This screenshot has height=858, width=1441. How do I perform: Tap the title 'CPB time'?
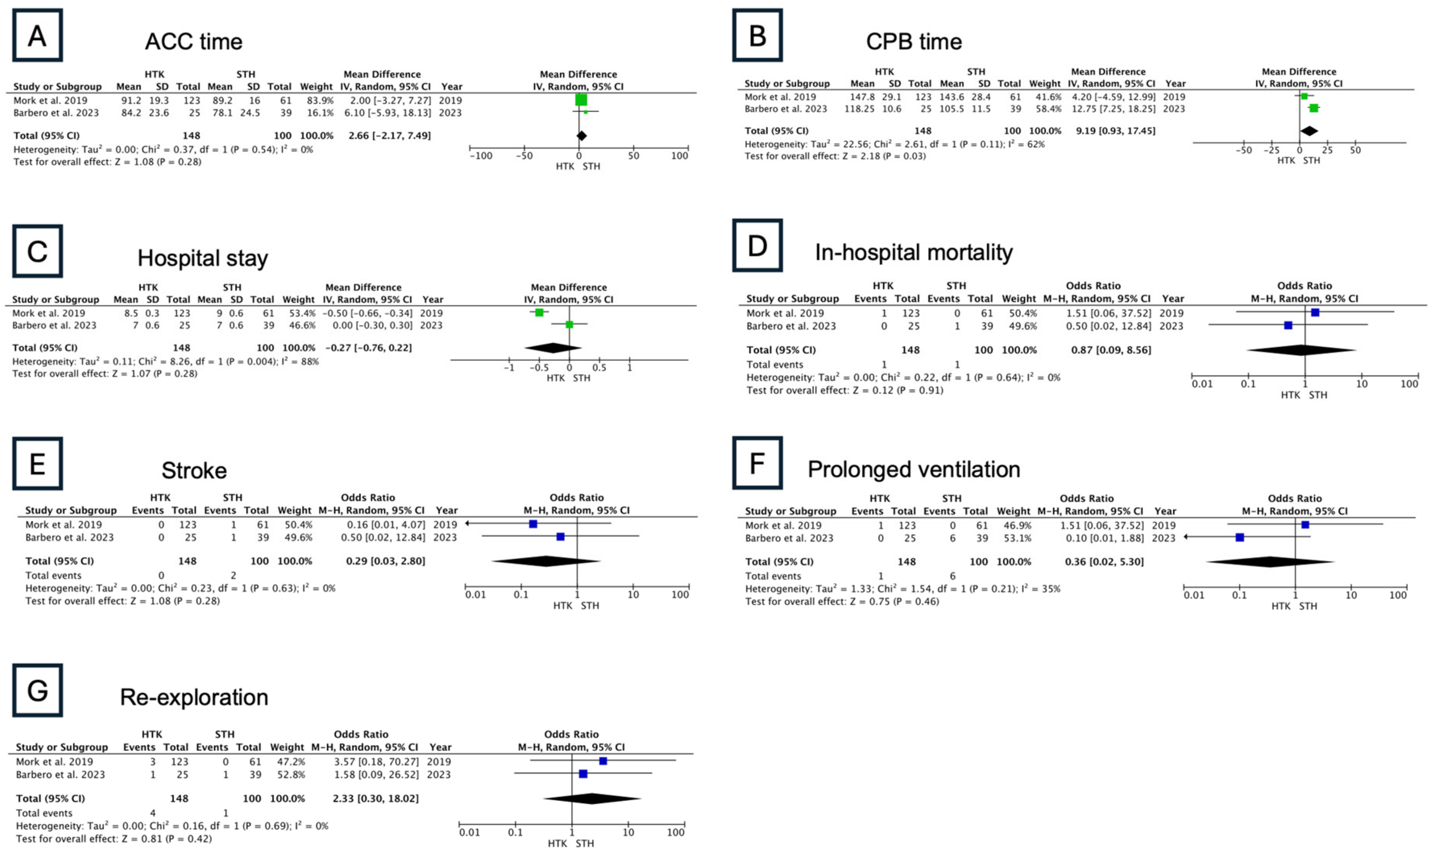pos(913,42)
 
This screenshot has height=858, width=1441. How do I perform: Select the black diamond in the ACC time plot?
pos(581,136)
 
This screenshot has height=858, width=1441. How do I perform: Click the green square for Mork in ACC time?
pos(581,100)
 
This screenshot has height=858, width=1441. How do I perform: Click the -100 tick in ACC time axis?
pos(481,155)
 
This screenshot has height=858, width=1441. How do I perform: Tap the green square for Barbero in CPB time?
pos(1313,108)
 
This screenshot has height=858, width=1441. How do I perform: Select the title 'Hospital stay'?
pos(202,258)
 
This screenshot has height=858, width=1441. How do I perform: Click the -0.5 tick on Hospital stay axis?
pos(539,368)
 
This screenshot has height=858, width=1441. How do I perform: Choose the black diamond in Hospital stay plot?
pos(553,348)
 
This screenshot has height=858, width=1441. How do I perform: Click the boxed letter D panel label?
pos(757,246)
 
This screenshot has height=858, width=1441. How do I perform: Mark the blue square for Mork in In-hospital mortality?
pos(1315,313)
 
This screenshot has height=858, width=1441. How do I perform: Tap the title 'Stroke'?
pos(194,471)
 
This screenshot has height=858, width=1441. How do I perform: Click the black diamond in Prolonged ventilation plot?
pos(1270,561)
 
